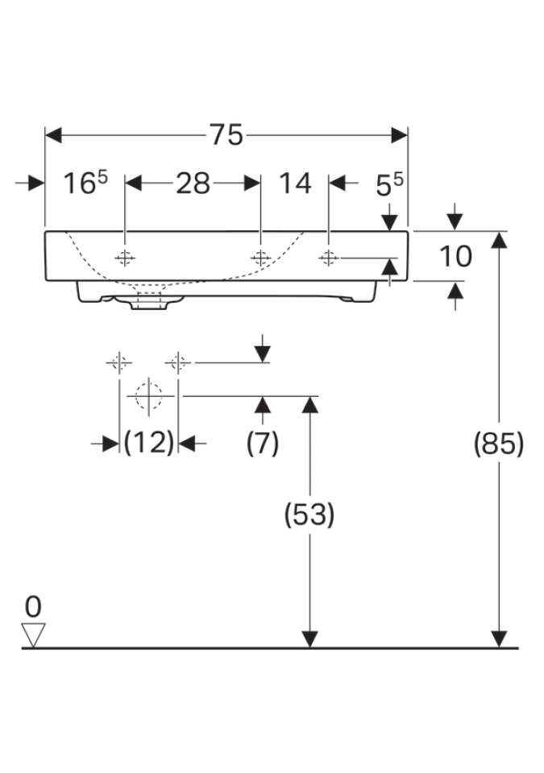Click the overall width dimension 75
point(226,135)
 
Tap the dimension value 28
point(193,184)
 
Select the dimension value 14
point(295,184)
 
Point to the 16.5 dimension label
point(85,184)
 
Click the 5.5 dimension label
point(389,186)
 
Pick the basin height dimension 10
point(455,257)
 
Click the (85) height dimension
point(499,443)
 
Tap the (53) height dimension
point(309,514)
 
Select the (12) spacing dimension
point(149,442)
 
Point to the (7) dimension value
point(262,442)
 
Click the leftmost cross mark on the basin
point(125,258)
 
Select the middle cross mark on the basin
point(260,258)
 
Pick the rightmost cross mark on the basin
point(328,258)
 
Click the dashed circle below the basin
point(148,396)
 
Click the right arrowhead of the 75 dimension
point(400,135)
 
